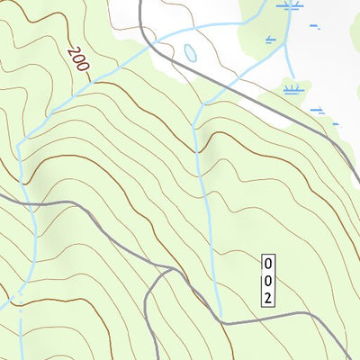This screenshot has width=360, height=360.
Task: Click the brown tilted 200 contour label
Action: [x=79, y=64]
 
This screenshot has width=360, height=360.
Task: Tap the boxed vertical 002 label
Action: [x=267, y=281]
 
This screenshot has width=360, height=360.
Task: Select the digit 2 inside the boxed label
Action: [x=267, y=298]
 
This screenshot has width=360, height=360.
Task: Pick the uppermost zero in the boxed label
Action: [x=267, y=264]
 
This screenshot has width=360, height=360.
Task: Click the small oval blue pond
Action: [x=190, y=53]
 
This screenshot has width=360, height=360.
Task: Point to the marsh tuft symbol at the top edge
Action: [x=288, y=5]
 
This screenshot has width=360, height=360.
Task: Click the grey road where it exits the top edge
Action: [x=141, y=3]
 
